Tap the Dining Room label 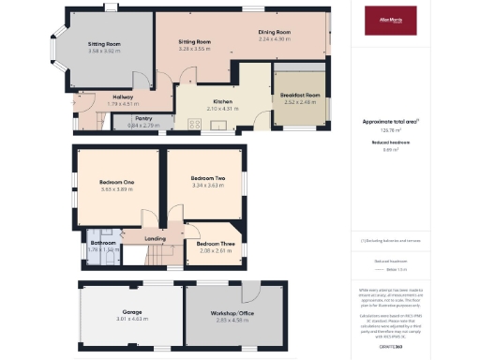(275, 33)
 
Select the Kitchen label (222, 102)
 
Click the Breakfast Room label (300, 95)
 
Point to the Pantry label (143, 118)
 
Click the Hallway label (123, 97)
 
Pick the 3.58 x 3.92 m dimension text (104, 51)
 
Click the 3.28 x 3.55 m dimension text (194, 49)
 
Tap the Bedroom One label (117, 182)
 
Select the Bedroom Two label (207, 178)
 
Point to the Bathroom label (100, 243)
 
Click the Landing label (155, 239)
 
